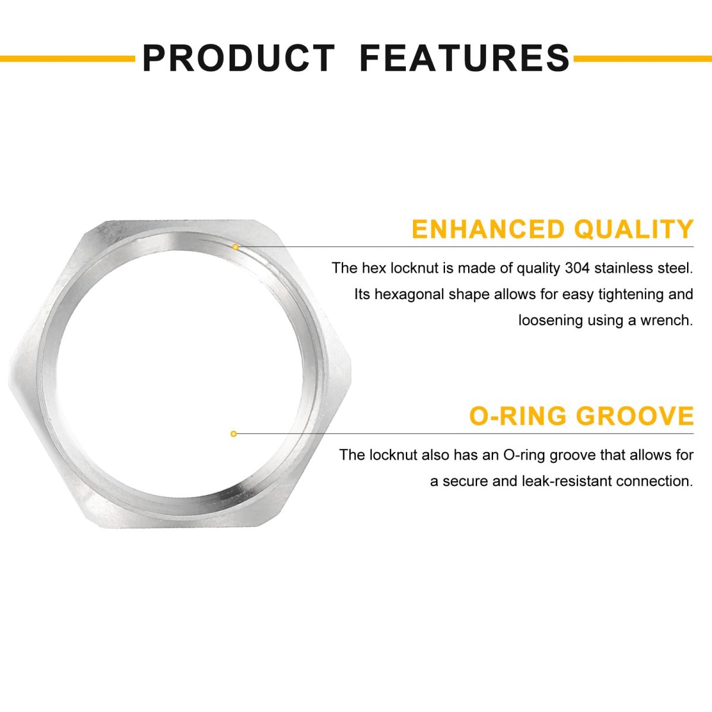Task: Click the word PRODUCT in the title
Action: [x=239, y=58]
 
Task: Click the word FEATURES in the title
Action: [x=465, y=58]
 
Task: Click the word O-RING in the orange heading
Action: [x=517, y=416]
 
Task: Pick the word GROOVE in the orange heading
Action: [x=635, y=416]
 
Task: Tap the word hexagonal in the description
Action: [x=409, y=295]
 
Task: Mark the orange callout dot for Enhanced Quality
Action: [x=236, y=247]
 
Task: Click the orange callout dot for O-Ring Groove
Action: [x=234, y=434]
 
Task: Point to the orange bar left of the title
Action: [x=68, y=58]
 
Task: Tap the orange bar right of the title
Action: [x=643, y=58]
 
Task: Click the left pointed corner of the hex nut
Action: [x=9, y=374]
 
